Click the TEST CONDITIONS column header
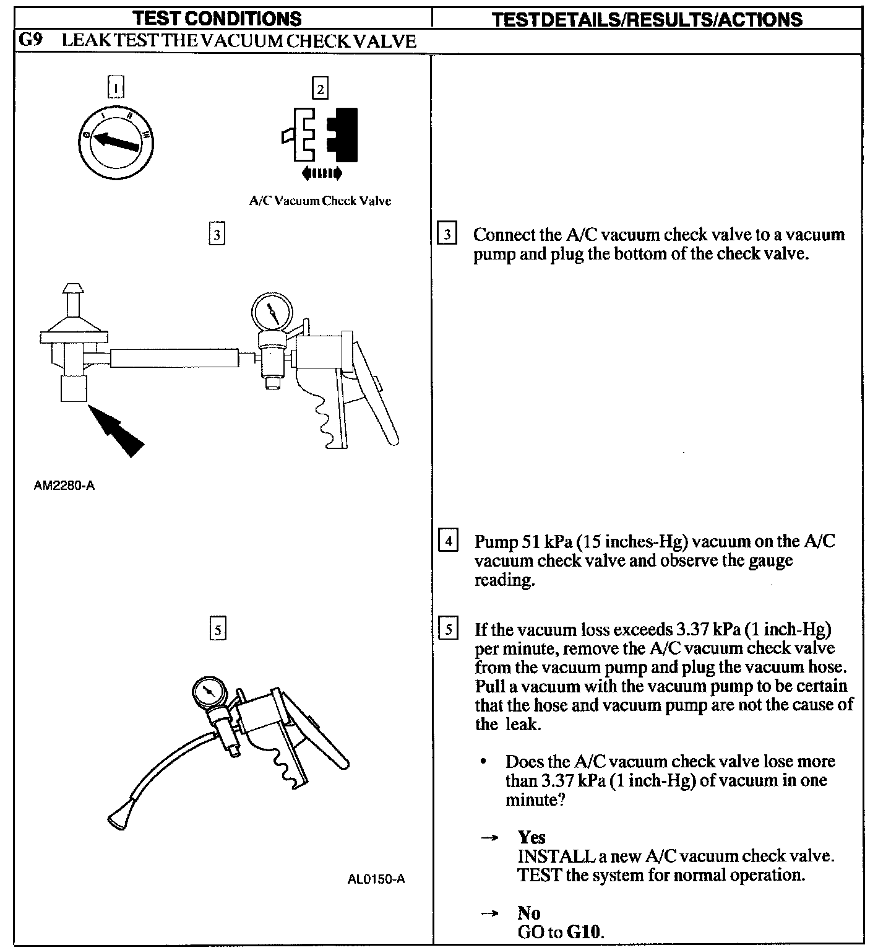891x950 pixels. click(218, 19)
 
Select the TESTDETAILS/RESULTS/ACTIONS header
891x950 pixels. click(647, 19)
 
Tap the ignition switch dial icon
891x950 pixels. click(118, 144)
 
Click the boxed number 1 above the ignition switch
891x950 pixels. click(116, 87)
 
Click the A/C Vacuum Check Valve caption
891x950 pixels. click(320, 201)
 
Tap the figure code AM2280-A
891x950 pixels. click(64, 486)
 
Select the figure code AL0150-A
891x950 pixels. click(376, 879)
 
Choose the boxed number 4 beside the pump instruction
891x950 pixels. click(447, 541)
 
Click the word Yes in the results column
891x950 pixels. click(532, 837)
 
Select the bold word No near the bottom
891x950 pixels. click(529, 913)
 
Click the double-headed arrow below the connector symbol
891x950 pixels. click(322, 173)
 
